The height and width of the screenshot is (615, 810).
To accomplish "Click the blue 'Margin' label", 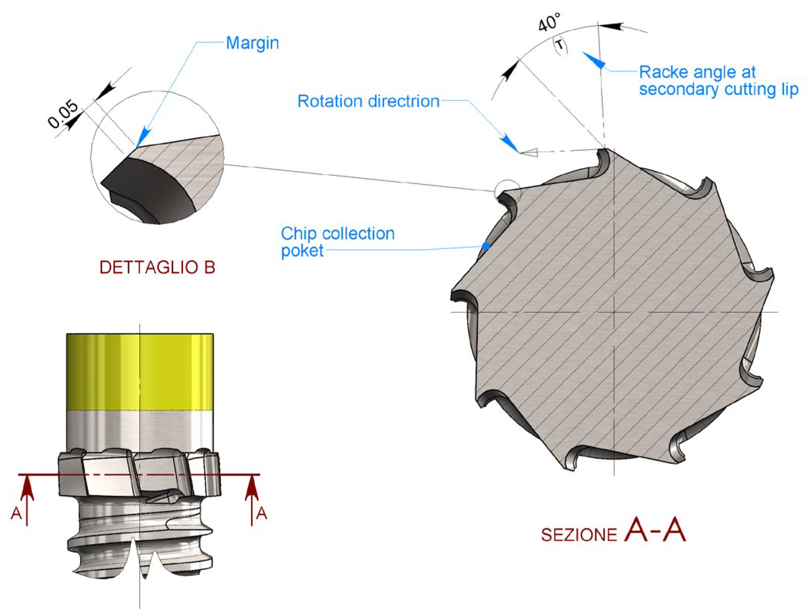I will (252, 43).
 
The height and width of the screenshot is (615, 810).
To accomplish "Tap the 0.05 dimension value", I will (63, 114).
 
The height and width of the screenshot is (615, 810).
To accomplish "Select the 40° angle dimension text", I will (549, 23).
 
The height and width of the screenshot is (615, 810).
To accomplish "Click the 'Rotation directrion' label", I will (368, 101).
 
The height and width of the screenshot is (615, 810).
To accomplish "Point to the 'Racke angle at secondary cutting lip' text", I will (718, 81).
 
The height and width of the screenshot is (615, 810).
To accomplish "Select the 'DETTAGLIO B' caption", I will (157, 267).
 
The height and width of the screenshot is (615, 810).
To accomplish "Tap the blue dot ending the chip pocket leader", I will (486, 246).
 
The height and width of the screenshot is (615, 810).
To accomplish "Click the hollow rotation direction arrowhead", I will (529, 152).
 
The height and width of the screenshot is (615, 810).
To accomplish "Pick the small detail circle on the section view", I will (507, 192).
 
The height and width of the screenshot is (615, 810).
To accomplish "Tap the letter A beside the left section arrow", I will (16, 513).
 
